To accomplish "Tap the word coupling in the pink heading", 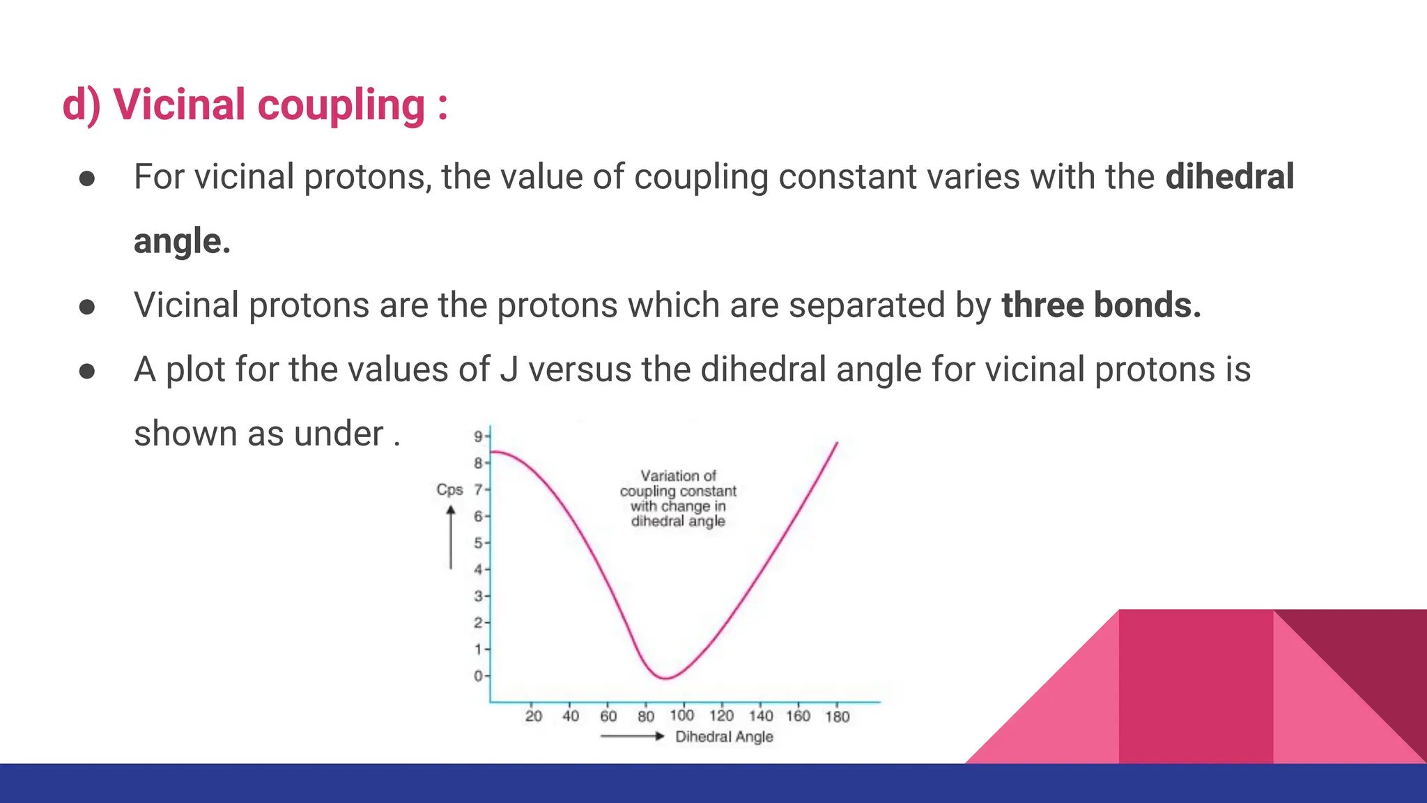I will pos(341,107).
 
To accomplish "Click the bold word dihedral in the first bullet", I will pos(1229,176).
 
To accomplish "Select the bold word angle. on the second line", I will pos(182,241).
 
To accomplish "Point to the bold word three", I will pos(1042,305).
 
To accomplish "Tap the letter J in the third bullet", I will pos(509,369).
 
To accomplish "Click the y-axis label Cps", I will pos(449,489).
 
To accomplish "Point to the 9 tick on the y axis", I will pos(479,436).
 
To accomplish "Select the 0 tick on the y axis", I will pos(479,675).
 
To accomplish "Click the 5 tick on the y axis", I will pos(479,542).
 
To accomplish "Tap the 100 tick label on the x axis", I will pos(682,715).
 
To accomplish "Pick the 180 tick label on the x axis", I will pos(837,716).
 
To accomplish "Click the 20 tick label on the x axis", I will pos(533,716).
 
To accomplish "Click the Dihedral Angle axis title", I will pos(724,737).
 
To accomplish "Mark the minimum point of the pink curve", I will pos(666,678).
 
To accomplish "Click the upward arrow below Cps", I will pos(450,537).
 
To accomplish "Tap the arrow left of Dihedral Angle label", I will pos(631,736).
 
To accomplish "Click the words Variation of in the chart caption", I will pos(678,475).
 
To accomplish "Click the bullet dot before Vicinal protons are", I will pos(87,307).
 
